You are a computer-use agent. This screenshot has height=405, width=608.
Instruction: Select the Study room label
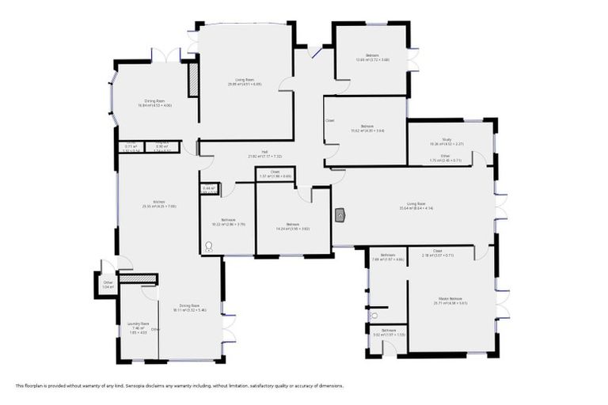(446, 139)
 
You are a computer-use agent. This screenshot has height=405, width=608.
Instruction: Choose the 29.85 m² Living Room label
(245, 80)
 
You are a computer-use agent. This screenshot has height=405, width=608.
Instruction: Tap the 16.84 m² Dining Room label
(154, 101)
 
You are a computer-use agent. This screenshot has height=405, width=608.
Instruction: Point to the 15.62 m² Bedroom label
(367, 127)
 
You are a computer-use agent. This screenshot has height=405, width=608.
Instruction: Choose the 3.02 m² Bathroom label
(389, 331)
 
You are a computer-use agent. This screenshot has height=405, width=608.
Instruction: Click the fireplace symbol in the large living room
(340, 214)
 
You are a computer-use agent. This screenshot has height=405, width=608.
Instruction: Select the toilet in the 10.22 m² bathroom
(209, 246)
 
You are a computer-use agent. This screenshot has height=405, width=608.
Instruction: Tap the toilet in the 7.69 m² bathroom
(373, 315)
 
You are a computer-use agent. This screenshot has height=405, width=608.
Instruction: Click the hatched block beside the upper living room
(192, 79)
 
